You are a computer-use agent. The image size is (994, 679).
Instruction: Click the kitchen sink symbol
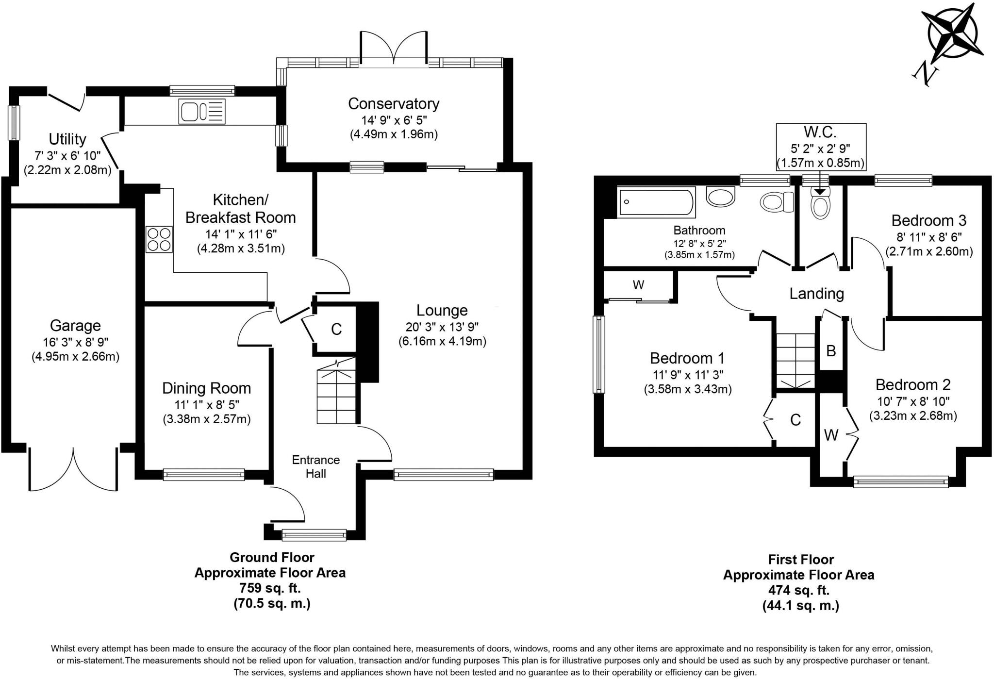point(202,111)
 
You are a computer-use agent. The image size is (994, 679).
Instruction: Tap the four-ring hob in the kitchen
point(159,239)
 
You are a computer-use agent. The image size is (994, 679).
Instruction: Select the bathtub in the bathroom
point(656,203)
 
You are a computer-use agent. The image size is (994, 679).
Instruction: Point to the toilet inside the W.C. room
point(820,205)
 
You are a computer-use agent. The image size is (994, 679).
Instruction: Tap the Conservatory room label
point(394,103)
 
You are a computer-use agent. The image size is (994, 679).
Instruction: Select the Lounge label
point(442,310)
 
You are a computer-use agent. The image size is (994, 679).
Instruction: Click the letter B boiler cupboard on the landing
point(831,350)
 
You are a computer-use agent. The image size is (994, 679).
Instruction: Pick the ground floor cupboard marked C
point(336,330)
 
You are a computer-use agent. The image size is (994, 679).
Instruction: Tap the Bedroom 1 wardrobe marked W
point(638,285)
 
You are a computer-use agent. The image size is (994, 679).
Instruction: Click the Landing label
point(816,294)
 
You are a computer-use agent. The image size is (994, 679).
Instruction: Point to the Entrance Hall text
point(315,466)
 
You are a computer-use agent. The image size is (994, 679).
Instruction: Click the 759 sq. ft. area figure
point(270,588)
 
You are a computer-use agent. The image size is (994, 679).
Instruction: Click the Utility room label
point(67,139)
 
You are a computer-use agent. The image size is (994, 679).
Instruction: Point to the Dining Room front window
point(204,474)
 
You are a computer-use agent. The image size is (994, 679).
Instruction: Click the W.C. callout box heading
point(820,132)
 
